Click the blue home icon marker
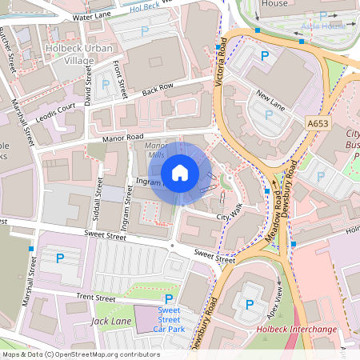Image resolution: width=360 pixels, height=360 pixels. [x=180, y=172]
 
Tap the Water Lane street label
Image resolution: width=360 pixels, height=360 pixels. [x=91, y=16]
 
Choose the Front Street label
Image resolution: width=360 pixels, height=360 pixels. [x=121, y=79]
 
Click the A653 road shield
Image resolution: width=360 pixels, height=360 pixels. [x=318, y=124]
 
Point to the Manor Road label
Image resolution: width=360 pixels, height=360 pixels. [x=122, y=138]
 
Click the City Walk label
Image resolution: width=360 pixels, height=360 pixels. [x=230, y=213]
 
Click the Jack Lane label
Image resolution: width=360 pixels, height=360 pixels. [x=110, y=321]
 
